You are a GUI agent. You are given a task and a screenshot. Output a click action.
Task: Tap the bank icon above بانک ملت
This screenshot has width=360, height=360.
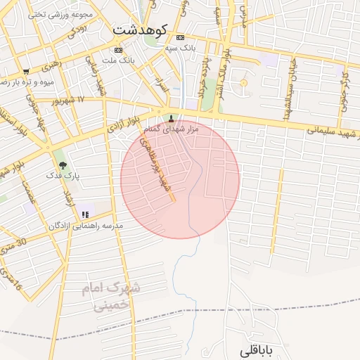coord(117,50)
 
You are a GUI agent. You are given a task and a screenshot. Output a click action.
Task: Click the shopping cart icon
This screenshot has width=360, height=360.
coord(26,71)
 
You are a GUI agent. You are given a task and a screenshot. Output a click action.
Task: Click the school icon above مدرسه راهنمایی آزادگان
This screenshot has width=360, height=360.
coord(85,214)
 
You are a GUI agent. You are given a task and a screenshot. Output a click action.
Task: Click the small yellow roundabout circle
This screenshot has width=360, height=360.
coord(244,84)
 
